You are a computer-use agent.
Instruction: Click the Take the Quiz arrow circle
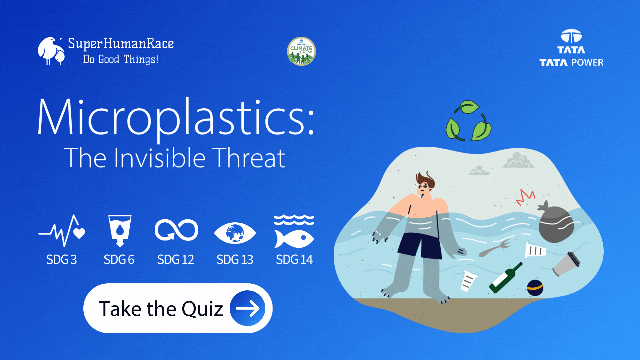[x=247, y=308]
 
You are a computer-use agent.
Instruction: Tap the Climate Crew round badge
[x=301, y=51]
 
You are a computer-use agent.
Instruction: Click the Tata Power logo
[x=571, y=48]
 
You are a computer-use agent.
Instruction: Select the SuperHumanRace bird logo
[x=51, y=51]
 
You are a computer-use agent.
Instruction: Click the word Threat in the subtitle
[x=249, y=158]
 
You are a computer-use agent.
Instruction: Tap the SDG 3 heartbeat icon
[x=62, y=231]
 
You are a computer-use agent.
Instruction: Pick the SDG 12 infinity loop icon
[x=176, y=230]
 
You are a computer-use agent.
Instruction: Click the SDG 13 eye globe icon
[x=235, y=233]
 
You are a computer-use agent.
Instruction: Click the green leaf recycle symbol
[x=468, y=121]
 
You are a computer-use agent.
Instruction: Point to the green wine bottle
[x=505, y=278]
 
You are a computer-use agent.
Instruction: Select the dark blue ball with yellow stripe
[x=535, y=288]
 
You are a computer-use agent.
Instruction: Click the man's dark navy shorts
[x=421, y=245]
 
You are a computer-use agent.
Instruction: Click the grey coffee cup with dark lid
[x=566, y=264]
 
